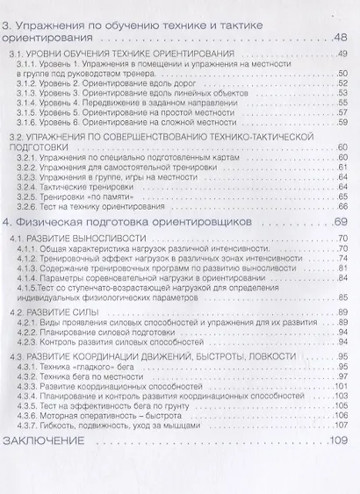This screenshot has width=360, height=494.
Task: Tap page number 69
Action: pos(342,224)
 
